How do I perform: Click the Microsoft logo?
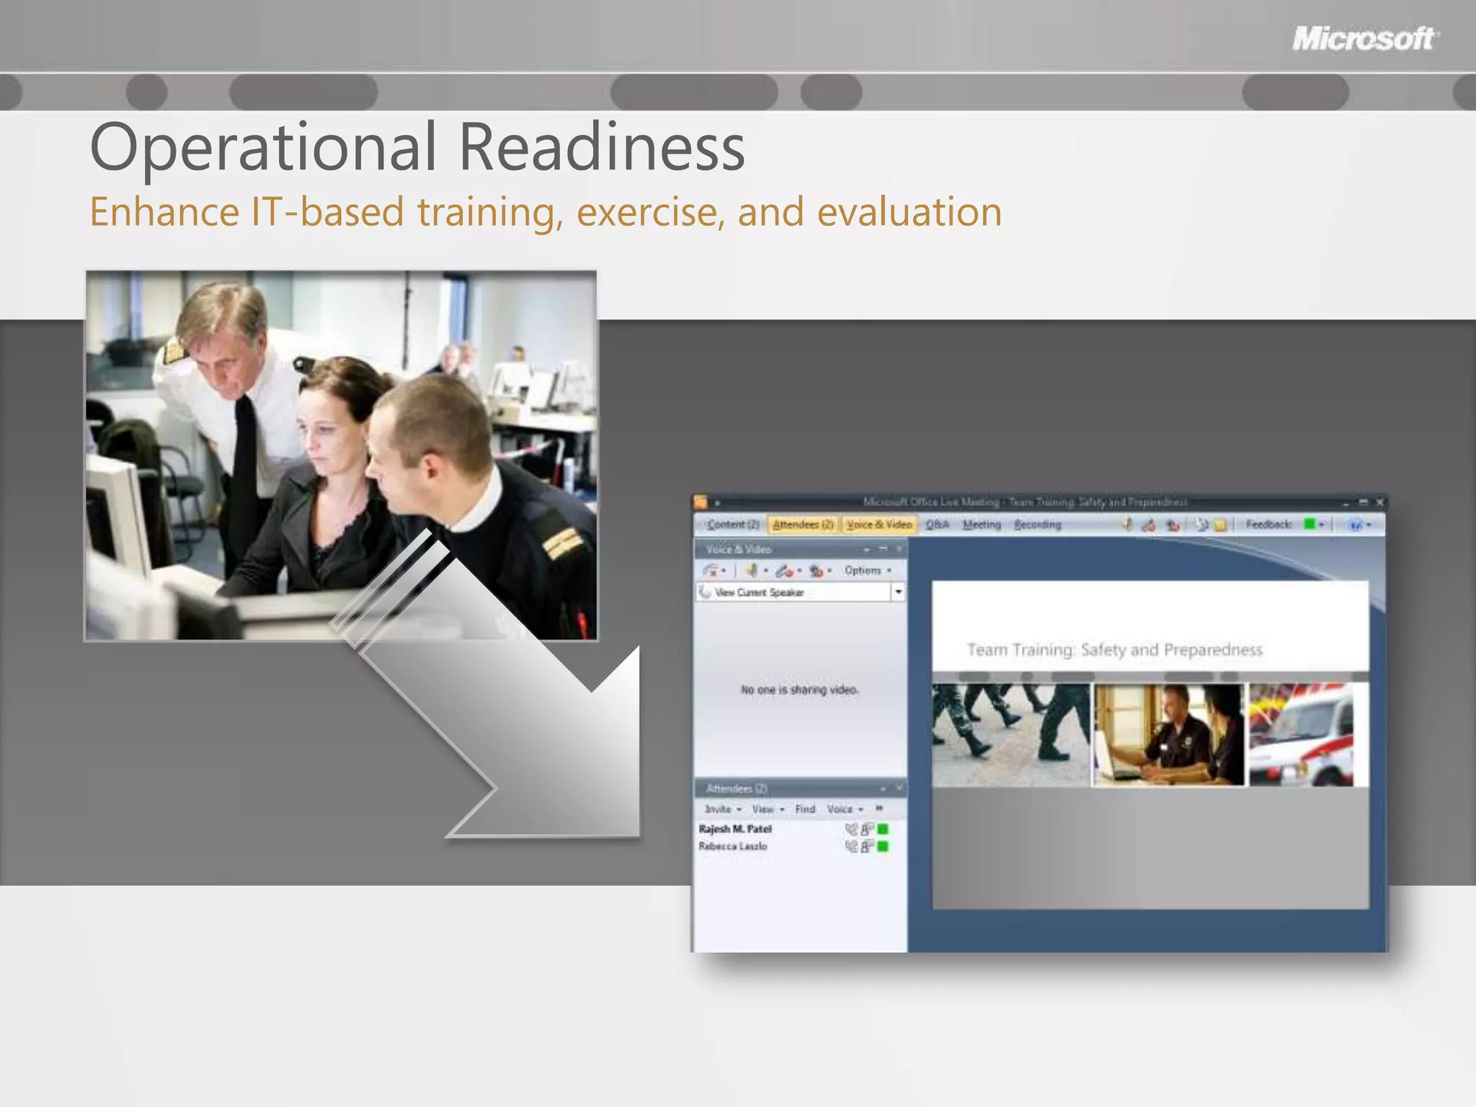coord(1364,38)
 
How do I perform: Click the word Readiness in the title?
coord(602,148)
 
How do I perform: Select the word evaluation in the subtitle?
coord(909,213)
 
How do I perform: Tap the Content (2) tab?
coord(732,525)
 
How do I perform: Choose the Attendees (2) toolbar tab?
coord(803,525)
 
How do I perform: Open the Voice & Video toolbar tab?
coord(879,525)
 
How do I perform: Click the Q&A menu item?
coord(937,525)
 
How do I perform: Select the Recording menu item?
coord(1037,525)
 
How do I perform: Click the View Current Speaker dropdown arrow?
coord(898,592)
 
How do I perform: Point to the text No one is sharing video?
coord(799,690)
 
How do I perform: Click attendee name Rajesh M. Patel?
coord(735,830)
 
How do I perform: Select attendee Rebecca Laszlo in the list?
coord(732,847)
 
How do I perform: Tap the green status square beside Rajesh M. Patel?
coord(884,830)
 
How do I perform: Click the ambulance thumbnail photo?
coord(1301,735)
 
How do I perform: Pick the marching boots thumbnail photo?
coord(1010,735)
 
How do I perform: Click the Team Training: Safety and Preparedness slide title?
coord(1114,650)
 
